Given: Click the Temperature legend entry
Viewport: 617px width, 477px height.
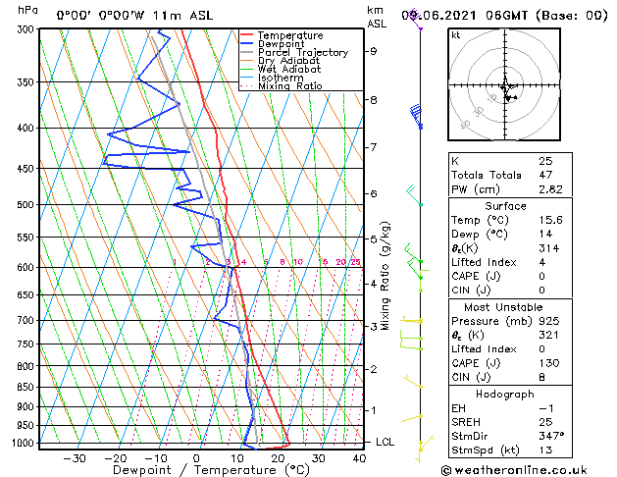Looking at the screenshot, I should (x=291, y=35).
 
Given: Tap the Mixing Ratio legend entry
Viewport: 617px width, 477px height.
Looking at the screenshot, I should (x=289, y=86).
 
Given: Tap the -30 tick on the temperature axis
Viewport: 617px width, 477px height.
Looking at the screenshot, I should (x=75, y=458).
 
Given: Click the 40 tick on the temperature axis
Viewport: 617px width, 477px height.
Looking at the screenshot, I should (x=358, y=458).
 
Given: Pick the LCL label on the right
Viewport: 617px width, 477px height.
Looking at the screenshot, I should (x=386, y=443).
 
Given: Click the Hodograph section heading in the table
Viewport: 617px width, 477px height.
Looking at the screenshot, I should (x=506, y=394).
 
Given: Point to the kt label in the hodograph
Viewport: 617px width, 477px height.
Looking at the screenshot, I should (x=455, y=35).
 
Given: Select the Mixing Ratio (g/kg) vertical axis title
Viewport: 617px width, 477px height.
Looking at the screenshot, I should (x=386, y=276).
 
